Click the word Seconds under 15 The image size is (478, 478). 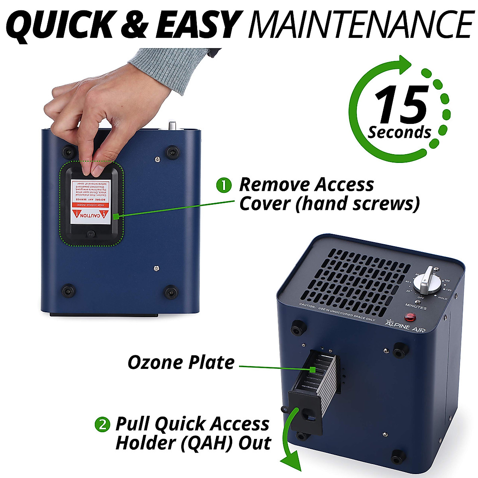(x=399, y=132)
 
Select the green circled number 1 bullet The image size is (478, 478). (x=223, y=185)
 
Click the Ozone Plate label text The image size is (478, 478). (x=181, y=362)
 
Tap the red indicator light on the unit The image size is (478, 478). (x=409, y=317)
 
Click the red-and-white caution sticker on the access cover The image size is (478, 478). (x=90, y=200)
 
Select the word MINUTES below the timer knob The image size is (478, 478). (x=416, y=308)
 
